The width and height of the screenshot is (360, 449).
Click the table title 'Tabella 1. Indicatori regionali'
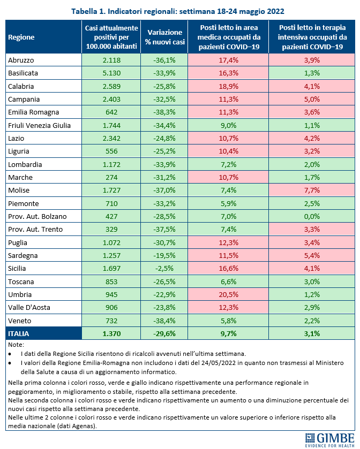click(x=124, y=11)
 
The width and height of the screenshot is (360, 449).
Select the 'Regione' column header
click(x=21, y=37)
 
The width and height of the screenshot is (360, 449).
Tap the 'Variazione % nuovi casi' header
click(x=164, y=37)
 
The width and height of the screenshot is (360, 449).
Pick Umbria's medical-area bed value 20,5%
click(x=228, y=294)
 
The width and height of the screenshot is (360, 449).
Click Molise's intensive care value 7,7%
click(x=312, y=190)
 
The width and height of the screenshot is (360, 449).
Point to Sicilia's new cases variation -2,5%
click(x=164, y=268)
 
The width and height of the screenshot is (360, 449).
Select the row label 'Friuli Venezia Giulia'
click(x=39, y=125)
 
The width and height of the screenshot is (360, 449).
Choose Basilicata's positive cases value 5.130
click(x=111, y=73)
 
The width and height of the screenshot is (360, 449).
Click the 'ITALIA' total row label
click(x=19, y=333)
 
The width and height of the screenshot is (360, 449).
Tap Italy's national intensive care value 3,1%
click(x=312, y=333)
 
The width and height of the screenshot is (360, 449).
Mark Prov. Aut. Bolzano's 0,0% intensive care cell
click(x=312, y=216)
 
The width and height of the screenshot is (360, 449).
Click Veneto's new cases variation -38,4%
click(x=164, y=321)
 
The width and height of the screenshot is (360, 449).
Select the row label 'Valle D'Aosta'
click(x=29, y=308)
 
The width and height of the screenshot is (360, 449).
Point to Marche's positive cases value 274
click(x=111, y=177)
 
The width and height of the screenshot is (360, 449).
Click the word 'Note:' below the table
click(x=16, y=345)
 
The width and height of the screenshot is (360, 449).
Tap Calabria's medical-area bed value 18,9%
click(x=228, y=86)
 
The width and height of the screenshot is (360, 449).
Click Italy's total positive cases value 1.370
click(x=111, y=333)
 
